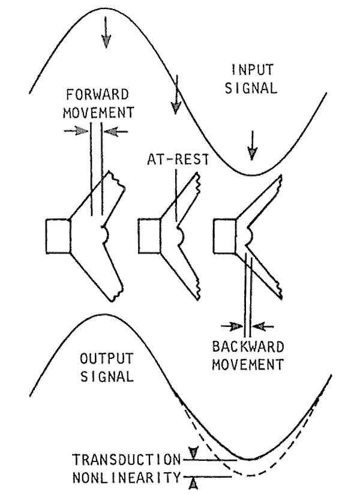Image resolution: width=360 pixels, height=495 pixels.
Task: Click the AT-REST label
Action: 173,160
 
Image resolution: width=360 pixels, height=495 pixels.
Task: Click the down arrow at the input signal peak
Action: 106,34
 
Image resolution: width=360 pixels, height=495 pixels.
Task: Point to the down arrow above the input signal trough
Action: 253,143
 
